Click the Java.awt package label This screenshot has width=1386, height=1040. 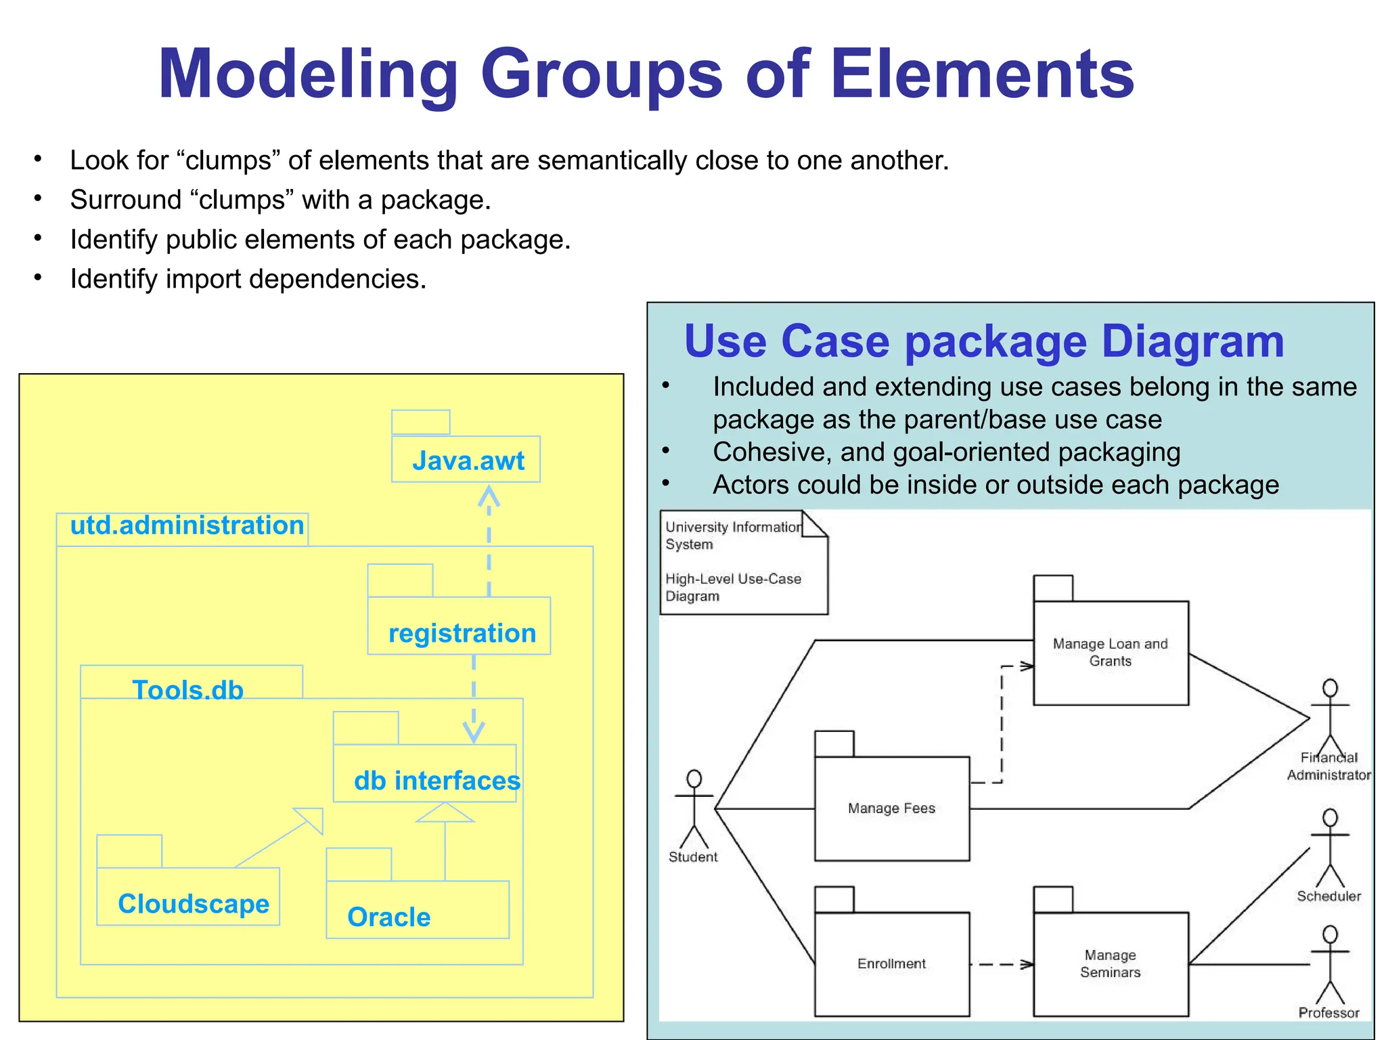coord(468,461)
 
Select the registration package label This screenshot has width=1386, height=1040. coord(462,634)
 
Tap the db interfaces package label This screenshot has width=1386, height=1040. coord(437,781)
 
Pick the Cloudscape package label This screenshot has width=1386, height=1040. coord(194,904)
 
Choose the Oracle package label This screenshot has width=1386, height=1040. coord(389,917)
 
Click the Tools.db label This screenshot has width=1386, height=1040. coord(188,690)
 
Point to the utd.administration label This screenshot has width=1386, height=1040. coord(187,525)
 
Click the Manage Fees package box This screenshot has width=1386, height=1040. coord(891,808)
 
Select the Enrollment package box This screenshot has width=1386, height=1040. coord(891,963)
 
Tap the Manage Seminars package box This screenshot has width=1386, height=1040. coord(1110,963)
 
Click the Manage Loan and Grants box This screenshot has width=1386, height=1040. coord(1110,652)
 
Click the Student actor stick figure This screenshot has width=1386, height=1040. coord(694,808)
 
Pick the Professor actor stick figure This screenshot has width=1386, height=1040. coord(1330,964)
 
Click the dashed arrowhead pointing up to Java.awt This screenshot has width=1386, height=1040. coord(489,496)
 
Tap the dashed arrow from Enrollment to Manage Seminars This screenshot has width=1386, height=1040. coord(1002,964)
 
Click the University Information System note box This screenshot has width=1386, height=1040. coord(742,563)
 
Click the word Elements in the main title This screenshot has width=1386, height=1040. coord(982,74)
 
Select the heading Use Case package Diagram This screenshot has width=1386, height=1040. coord(983,341)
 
